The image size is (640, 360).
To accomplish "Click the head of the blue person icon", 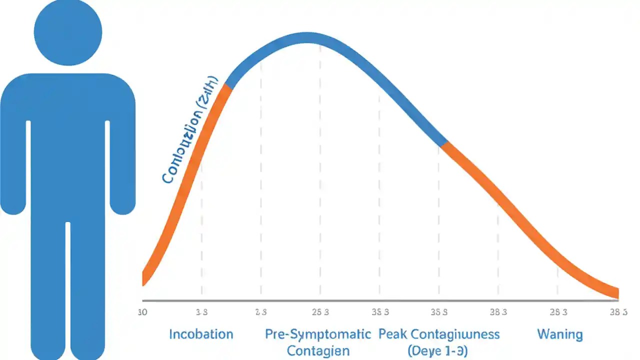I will (68, 32).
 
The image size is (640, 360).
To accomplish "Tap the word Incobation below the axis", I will (201, 334).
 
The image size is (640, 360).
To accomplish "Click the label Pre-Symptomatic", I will (318, 334).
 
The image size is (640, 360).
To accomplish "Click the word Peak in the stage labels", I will (393, 334).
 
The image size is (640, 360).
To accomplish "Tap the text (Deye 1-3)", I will (437, 351).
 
